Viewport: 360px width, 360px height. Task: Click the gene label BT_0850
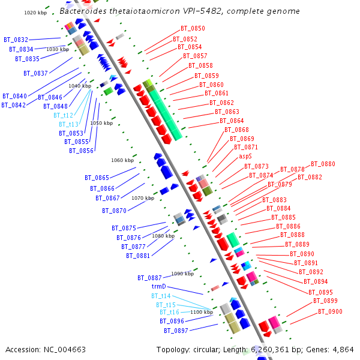193,28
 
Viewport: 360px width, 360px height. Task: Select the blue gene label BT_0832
16,40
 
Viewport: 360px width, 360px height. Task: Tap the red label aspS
245,156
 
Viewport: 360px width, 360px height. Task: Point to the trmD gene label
158,287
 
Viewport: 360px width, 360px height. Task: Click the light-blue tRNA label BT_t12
63,115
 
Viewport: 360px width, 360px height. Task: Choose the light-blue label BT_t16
169,312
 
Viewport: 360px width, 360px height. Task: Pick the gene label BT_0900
330,311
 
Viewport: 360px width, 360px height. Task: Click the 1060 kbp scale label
122,160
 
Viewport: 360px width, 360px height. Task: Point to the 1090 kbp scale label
182,274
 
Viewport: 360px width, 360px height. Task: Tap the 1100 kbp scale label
202,312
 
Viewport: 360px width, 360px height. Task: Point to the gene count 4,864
342,349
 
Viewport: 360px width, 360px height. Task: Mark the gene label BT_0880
323,164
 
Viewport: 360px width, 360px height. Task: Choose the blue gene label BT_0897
176,331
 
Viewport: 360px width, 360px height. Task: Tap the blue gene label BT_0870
114,211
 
